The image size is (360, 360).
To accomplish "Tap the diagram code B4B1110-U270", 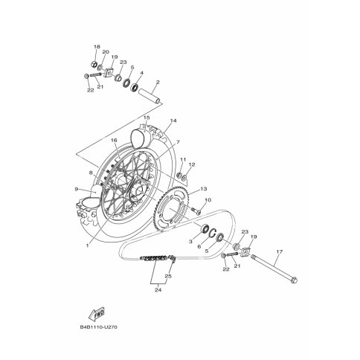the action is tap(98, 327).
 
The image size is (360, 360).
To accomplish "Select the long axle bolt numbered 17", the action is tap(274, 269).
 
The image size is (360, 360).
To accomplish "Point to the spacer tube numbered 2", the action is tap(150, 95).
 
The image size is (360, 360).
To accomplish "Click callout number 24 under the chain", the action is tap(158, 289).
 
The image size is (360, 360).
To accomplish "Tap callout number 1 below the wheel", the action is tap(87, 245).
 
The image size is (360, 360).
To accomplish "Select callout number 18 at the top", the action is tap(97, 47).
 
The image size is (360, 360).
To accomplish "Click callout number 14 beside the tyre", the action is tap(173, 120).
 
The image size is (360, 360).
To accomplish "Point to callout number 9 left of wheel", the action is tap(77, 189).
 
